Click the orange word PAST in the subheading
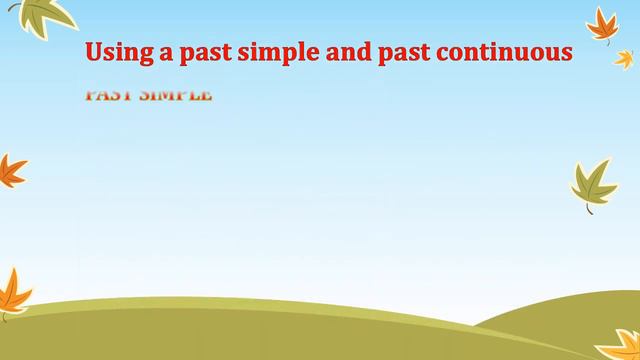click(109, 95)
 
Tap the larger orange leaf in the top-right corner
click(602, 24)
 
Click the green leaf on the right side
click(594, 183)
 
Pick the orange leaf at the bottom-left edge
click(12, 293)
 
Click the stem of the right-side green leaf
click(589, 208)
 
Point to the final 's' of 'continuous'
click(566, 54)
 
